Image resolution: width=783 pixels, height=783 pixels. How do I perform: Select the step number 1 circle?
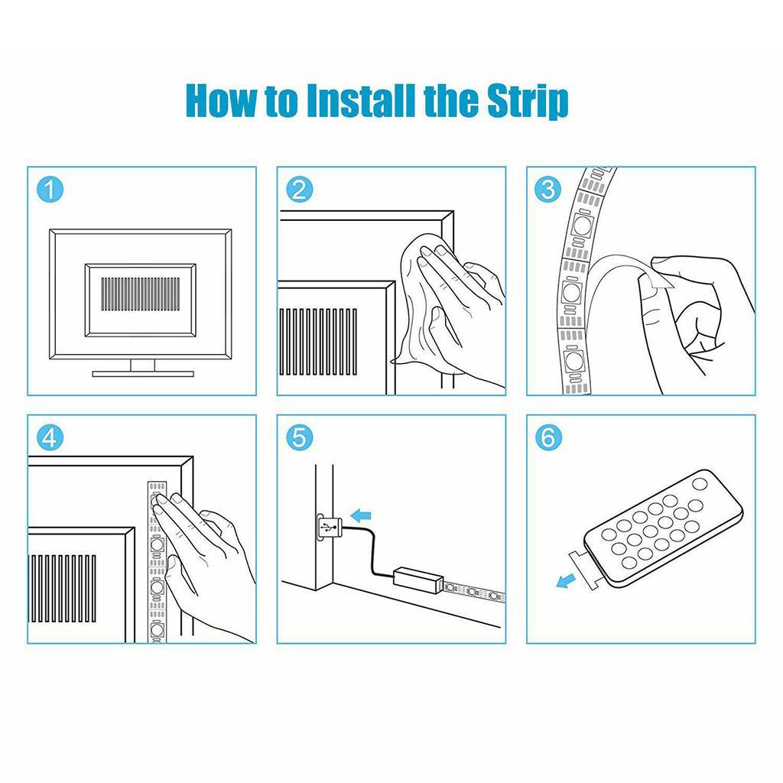pos(50,190)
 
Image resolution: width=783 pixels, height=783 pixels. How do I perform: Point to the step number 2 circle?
pos(300,190)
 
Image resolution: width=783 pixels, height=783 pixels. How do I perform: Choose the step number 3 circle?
pos(548,190)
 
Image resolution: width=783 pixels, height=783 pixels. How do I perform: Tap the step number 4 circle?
pos(50,438)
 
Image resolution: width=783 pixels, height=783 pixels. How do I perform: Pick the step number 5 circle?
pos(300,438)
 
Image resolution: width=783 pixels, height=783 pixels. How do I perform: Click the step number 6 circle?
pos(548,438)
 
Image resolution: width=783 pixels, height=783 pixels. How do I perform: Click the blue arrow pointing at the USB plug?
pos(361,515)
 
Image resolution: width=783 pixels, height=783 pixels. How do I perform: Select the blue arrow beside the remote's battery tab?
pos(565,580)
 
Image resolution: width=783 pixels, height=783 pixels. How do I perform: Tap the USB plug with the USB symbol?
pos(327,528)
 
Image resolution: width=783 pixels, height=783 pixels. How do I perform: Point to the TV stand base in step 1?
pos(143,373)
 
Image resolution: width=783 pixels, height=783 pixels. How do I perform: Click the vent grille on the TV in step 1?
pos(141,294)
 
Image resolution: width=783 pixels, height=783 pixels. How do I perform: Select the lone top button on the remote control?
pos(699,483)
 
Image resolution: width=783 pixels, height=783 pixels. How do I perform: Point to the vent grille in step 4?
pos(63,588)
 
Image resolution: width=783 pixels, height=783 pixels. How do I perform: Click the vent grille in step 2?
pos(319,342)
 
